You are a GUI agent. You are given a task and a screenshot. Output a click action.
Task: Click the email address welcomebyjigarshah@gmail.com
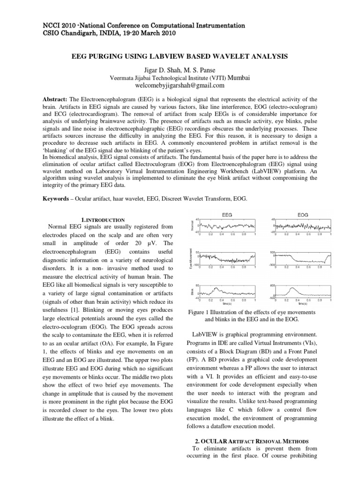pos(180,86)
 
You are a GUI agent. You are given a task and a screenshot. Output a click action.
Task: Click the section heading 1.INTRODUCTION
pos(103,219)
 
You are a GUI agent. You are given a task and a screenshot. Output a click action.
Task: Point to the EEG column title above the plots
pos(226,215)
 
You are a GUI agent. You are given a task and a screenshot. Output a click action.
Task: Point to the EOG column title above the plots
pos(303,215)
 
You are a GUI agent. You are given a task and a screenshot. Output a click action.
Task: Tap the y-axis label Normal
pos(192,226)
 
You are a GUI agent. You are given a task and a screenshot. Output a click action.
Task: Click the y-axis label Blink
pos(192,292)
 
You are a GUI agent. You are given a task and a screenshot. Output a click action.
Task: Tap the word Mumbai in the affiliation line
pos(239,77)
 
